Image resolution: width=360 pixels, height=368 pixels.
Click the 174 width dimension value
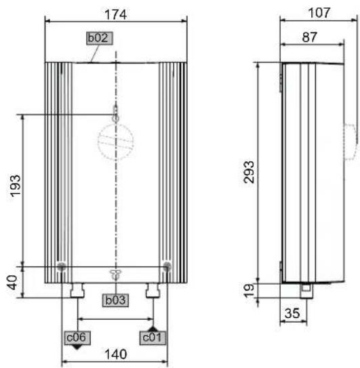[115, 14]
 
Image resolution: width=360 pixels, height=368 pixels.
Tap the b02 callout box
[100, 38]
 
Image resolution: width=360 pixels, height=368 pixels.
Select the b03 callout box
[115, 300]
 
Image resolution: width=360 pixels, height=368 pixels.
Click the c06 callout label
[77, 338]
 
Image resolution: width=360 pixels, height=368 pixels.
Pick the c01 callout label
[153, 338]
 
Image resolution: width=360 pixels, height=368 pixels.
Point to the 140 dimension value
[115, 354]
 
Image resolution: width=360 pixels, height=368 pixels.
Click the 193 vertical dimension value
[16, 186]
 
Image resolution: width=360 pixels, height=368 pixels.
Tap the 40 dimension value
[12, 283]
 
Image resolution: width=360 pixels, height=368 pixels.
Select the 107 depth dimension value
[319, 13]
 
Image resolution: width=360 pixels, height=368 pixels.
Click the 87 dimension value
[310, 37]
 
